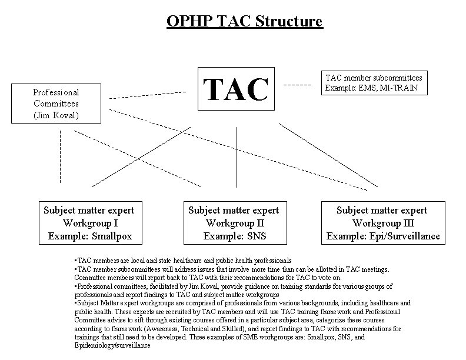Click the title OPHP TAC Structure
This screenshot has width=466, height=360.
pyautogui.click(x=244, y=22)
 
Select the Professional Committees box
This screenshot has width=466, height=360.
pyautogui.click(x=56, y=104)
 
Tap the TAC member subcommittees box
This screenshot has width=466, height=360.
pyautogui.click(x=374, y=83)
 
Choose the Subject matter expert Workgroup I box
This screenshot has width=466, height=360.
pyautogui.click(x=89, y=223)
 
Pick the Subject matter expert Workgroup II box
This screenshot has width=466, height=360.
pyautogui.click(x=234, y=223)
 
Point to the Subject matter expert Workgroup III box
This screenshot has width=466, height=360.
pyautogui.click(x=383, y=223)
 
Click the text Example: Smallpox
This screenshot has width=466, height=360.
pyautogui.click(x=89, y=236)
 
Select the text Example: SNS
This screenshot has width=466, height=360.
pyautogui.click(x=234, y=236)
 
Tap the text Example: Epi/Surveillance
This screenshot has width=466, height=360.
pyautogui.click(x=383, y=236)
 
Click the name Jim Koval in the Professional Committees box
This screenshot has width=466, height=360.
pyautogui.click(x=56, y=115)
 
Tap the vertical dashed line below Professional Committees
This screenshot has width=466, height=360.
pyautogui.click(x=60, y=156)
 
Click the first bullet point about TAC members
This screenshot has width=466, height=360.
pyautogui.click(x=183, y=260)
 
